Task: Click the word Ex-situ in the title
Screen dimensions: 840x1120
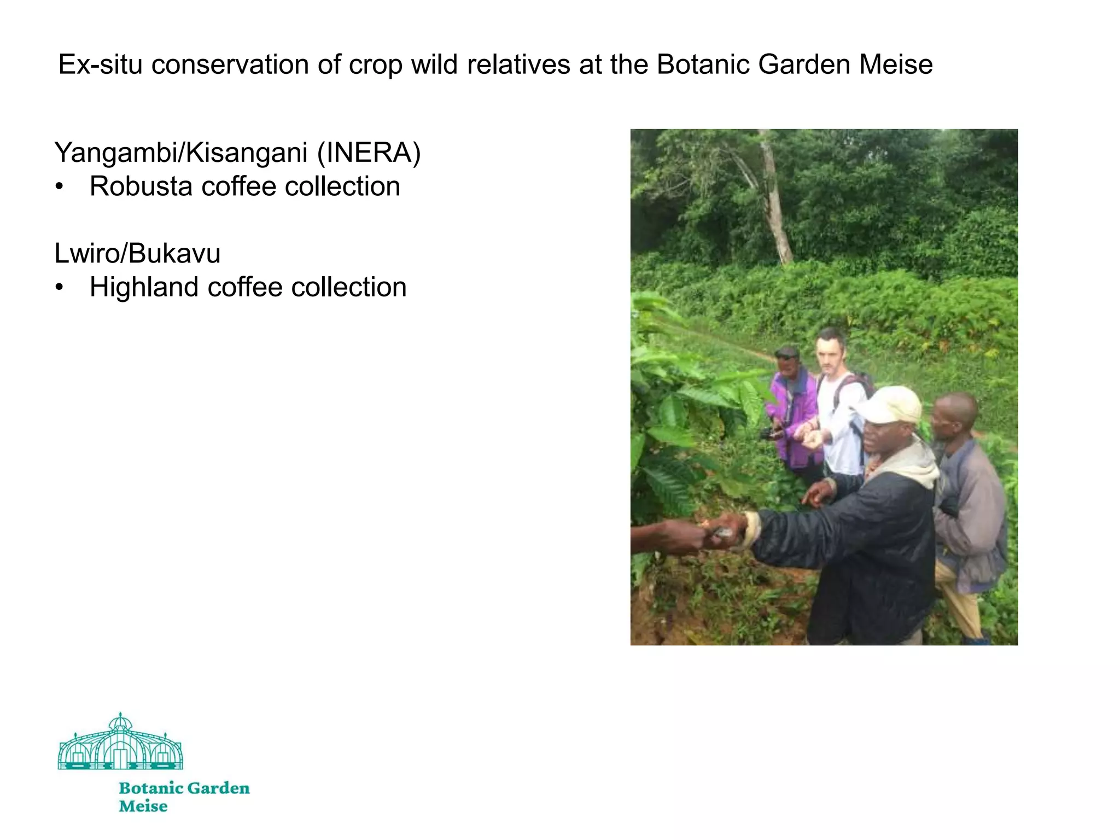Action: tap(101, 65)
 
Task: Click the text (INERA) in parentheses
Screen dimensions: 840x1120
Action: tap(369, 153)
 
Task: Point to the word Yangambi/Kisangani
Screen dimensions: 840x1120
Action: tap(181, 153)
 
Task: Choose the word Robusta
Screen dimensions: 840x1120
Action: tap(141, 186)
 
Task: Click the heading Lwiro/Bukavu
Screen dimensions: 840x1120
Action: tap(137, 253)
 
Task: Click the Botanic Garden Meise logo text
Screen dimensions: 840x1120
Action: tap(184, 796)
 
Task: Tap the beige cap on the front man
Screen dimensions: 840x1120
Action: tap(891, 405)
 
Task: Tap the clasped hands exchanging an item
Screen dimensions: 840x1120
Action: tap(722, 530)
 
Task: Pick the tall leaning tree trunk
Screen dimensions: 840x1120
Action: tap(774, 202)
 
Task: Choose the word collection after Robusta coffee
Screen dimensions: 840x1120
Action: tap(342, 186)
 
